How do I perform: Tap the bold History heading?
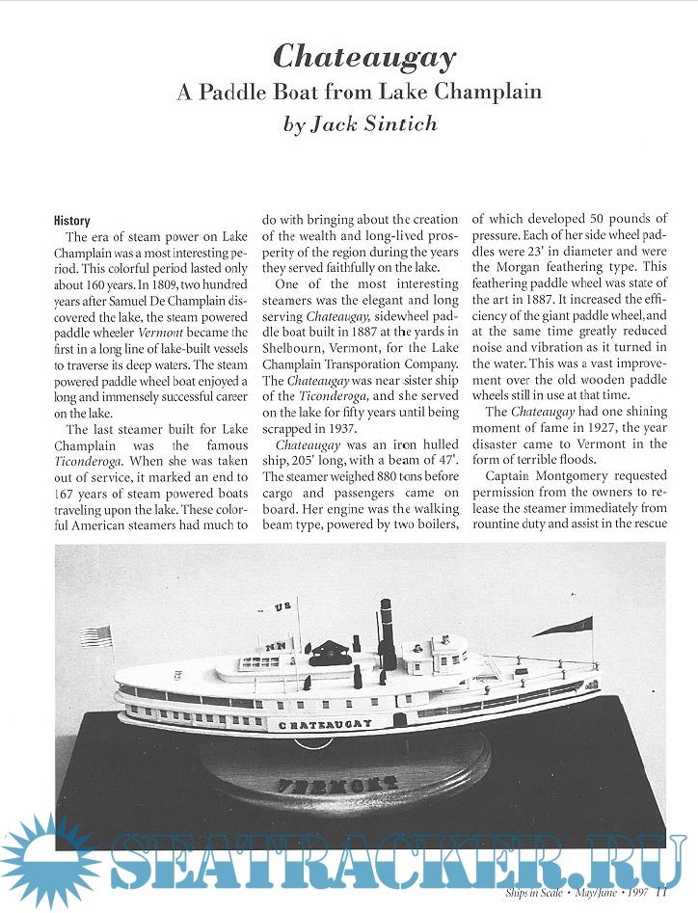(72, 220)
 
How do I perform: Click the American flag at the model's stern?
(96, 635)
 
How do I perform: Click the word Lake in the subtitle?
(403, 93)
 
